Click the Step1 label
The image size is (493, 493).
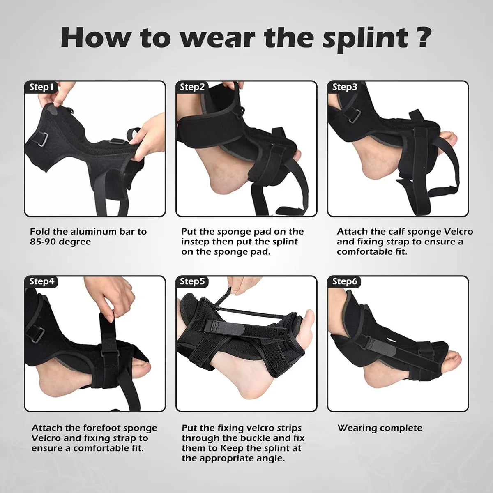tap(41, 87)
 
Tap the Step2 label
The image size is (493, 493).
tap(192, 87)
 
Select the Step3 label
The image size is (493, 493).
tap(345, 87)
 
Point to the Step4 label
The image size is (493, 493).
tap(41, 282)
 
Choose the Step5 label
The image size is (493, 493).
tap(192, 282)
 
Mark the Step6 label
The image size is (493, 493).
tap(345, 282)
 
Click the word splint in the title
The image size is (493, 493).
tap(362, 38)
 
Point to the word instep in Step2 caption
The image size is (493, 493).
tap(196, 242)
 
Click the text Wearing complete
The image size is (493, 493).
tap(380, 428)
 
